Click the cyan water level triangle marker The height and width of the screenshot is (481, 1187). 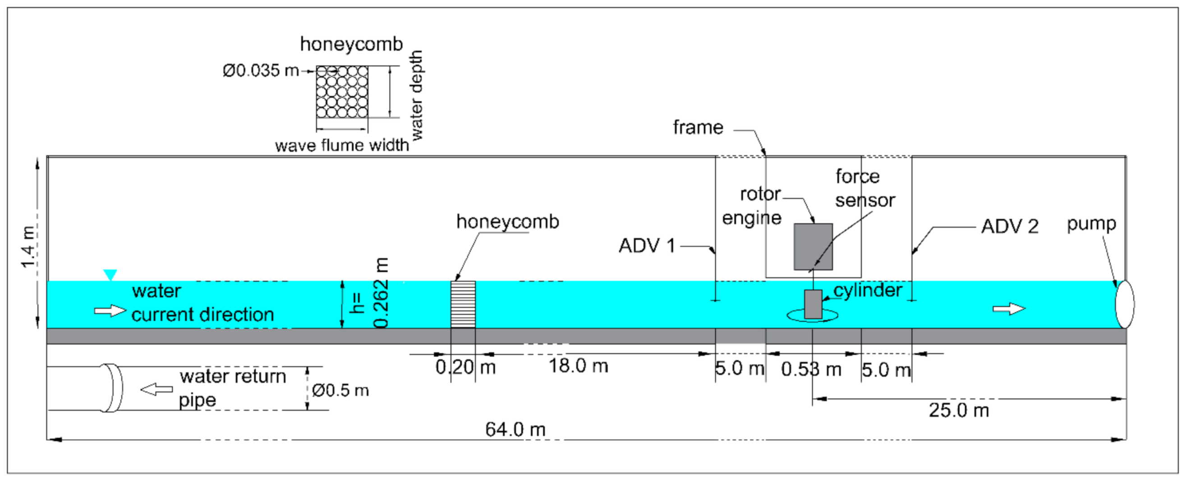tap(110, 275)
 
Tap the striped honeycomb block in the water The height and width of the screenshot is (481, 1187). tap(463, 304)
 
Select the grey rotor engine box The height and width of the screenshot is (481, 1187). tap(813, 247)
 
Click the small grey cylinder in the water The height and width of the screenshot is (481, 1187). tap(813, 304)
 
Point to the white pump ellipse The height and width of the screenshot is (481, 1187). tap(1124, 304)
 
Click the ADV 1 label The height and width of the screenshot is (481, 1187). tap(647, 246)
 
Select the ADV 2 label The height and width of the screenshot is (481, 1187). tap(1010, 226)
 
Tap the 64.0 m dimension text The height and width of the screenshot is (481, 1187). tap(515, 430)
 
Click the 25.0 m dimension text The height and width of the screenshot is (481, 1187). tap(958, 410)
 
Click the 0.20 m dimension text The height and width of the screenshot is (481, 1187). tap(465, 368)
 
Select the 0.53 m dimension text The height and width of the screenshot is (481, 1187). tap(811, 370)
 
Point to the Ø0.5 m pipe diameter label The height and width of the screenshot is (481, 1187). tap(340, 391)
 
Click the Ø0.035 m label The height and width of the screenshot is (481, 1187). tap(261, 70)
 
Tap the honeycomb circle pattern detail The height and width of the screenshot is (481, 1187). tap(342, 92)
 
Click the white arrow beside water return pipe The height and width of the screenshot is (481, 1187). tap(156, 389)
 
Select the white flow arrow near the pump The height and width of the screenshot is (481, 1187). tap(1009, 308)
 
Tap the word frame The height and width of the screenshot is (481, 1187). tap(698, 127)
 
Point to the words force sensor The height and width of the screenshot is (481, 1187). tap(865, 188)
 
